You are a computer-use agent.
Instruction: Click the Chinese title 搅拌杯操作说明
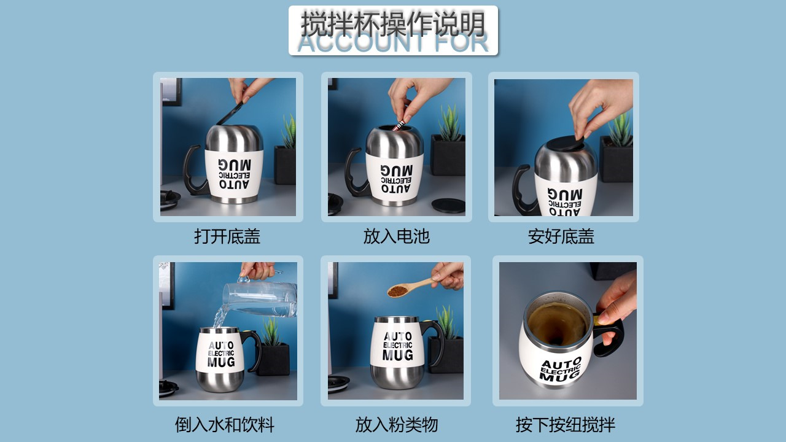tap(393, 23)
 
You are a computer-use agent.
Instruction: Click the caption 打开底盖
tap(227, 236)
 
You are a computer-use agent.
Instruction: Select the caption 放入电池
tap(396, 236)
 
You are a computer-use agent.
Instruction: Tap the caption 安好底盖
tap(561, 236)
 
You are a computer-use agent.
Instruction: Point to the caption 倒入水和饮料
tap(225, 424)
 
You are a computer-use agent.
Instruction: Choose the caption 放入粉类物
tap(396, 424)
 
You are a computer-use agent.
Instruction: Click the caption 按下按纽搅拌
tap(566, 424)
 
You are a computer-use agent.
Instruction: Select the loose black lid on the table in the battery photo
tap(448, 205)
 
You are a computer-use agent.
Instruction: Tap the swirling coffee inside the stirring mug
tap(558, 324)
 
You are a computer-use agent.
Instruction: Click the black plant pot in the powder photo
tap(446, 354)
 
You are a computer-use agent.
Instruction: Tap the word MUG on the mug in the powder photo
tap(398, 354)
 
